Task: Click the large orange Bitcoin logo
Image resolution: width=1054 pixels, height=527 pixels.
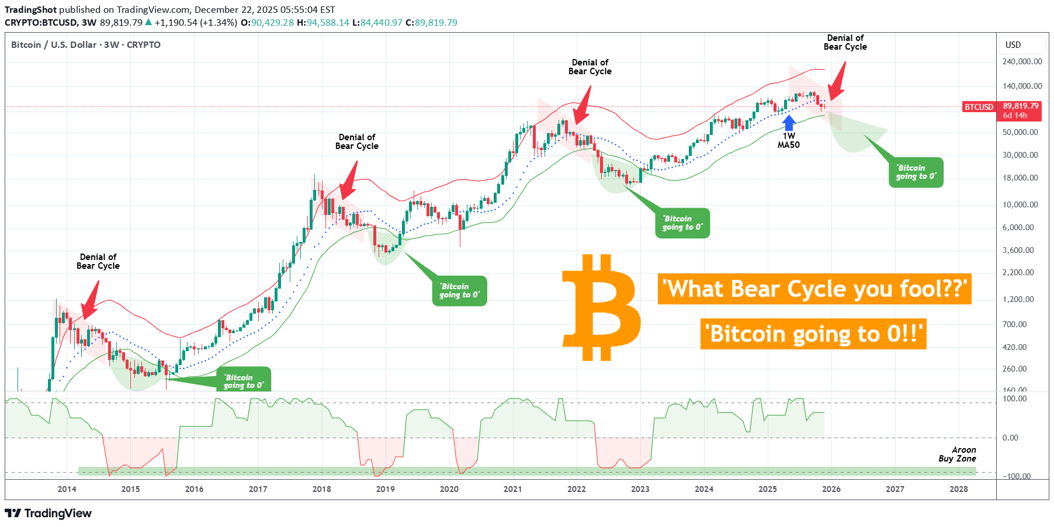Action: coord(601,307)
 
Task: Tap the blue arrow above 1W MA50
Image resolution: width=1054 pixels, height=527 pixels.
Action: coord(789,122)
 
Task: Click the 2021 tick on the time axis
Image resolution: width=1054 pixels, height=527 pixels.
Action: coord(512,489)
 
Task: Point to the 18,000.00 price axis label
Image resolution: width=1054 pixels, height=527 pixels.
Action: coord(1020,178)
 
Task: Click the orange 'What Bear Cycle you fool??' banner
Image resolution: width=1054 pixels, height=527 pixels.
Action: coord(814,289)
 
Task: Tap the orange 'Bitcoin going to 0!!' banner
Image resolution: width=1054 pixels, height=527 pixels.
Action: coord(813,334)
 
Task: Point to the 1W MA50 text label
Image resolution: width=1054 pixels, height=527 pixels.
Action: coord(788,140)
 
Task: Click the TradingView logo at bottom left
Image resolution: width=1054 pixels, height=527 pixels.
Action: coord(48,513)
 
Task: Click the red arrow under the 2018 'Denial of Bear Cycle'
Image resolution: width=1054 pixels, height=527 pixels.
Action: coord(349,181)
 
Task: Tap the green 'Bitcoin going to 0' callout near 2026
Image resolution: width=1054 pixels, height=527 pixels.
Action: coord(916,172)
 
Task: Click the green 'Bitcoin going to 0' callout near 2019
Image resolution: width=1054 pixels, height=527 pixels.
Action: coord(459,290)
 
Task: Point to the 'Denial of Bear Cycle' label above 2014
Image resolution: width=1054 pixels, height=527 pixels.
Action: coord(98,261)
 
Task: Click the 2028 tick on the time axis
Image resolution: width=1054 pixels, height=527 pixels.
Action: coord(958,489)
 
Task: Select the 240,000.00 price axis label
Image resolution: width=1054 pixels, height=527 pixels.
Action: coord(1022,61)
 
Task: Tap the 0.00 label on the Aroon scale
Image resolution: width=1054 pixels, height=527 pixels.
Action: coord(1010,438)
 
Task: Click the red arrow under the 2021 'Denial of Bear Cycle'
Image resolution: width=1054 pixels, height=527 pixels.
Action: coord(583,105)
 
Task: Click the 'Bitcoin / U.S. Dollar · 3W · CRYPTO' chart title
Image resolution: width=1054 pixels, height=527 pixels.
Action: coord(86,45)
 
